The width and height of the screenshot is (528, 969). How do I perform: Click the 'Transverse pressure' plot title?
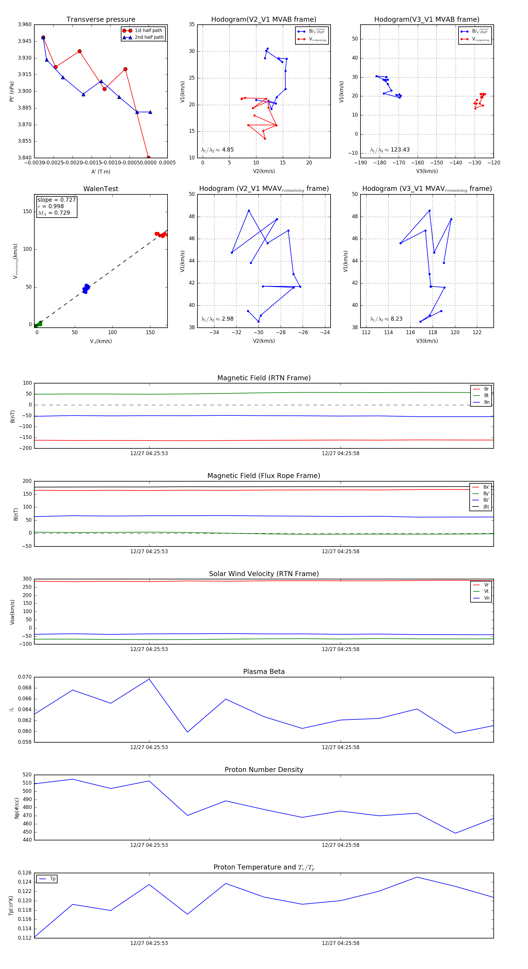click(101, 20)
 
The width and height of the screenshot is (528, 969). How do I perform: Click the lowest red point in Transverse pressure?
click(148, 158)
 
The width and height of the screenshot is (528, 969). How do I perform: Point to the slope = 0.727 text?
click(56, 200)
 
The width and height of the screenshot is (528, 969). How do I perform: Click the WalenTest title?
click(101, 189)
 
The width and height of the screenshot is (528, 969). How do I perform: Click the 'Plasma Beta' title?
click(264, 672)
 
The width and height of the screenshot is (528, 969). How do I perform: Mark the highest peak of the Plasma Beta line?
click(149, 679)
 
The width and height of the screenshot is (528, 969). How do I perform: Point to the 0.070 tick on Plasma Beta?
click(25, 677)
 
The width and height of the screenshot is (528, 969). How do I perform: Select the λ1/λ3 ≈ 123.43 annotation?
click(390, 150)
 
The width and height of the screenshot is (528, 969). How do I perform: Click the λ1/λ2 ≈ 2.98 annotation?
click(217, 319)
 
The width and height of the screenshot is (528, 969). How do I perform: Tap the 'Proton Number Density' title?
click(264, 770)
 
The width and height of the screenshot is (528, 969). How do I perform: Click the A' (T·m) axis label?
click(101, 171)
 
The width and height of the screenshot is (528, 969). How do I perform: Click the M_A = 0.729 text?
click(54, 213)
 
